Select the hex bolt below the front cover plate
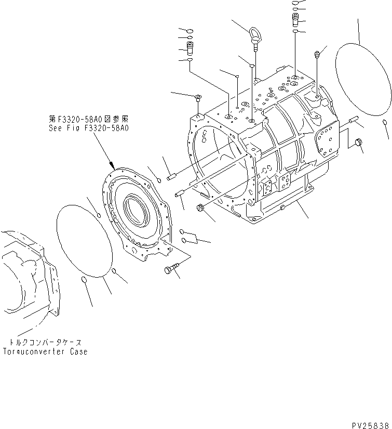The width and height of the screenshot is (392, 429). click(x=171, y=269)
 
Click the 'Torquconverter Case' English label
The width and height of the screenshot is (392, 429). click(x=48, y=352)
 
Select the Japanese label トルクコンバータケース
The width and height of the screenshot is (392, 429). click(x=46, y=343)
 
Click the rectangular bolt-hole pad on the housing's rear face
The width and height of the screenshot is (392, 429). click(x=327, y=139)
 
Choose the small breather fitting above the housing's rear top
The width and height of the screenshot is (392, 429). click(x=317, y=54)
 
